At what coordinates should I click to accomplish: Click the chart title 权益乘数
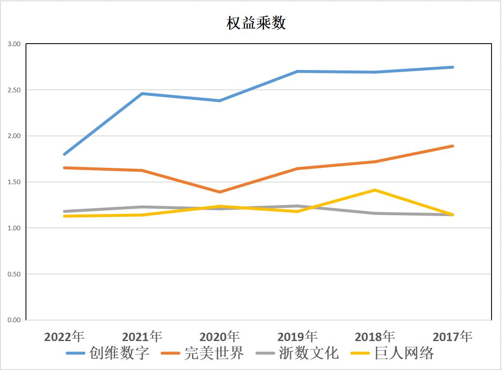coord(256,23)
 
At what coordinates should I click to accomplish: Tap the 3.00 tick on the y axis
coord(14,44)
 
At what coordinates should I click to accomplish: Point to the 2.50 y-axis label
coord(14,90)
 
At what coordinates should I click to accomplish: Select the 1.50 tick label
coord(14,182)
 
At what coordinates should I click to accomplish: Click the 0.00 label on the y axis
coord(14,320)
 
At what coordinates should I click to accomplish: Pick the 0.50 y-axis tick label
coord(14,274)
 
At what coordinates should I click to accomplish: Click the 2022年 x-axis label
coord(64,336)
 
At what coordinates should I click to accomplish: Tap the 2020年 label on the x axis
coord(219,336)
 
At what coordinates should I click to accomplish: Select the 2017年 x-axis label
coord(452,336)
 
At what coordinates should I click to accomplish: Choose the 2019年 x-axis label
coord(297,336)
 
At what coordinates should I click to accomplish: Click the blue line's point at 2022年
coord(64,154)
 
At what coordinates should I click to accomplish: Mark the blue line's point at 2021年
coord(142,94)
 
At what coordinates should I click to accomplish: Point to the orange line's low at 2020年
coord(219,192)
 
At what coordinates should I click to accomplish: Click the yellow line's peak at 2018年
coord(375,190)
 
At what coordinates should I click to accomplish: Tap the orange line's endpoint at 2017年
coord(453,146)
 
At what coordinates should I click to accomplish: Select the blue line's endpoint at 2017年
coord(453,67)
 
